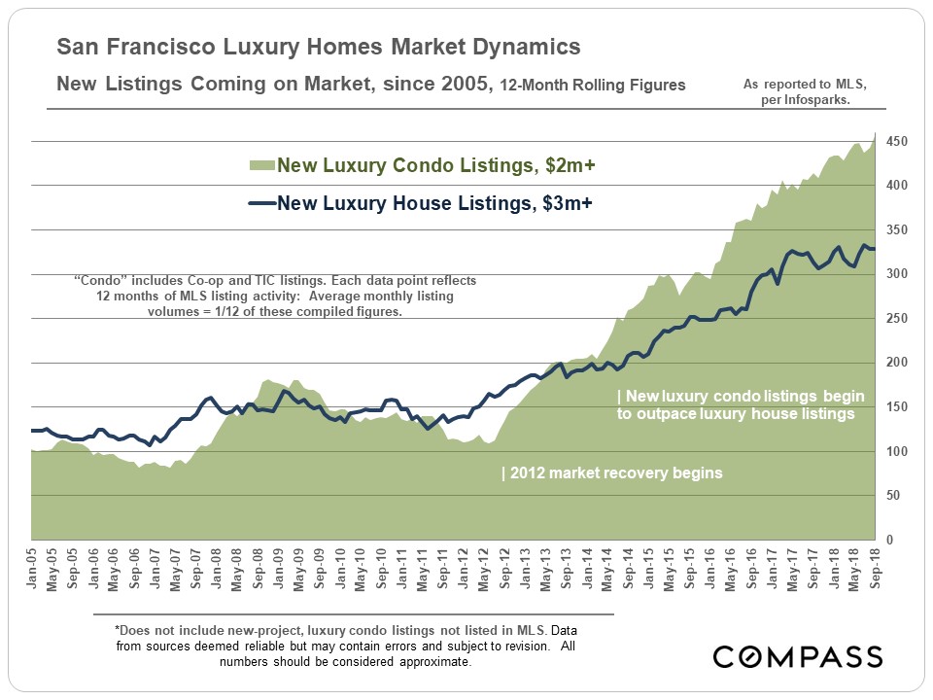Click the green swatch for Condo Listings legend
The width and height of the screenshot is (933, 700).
click(x=263, y=166)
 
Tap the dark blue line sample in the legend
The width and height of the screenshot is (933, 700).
click(x=263, y=203)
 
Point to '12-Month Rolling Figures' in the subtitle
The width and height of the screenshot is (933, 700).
click(x=592, y=86)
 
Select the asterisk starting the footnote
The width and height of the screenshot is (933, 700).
click(x=117, y=630)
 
